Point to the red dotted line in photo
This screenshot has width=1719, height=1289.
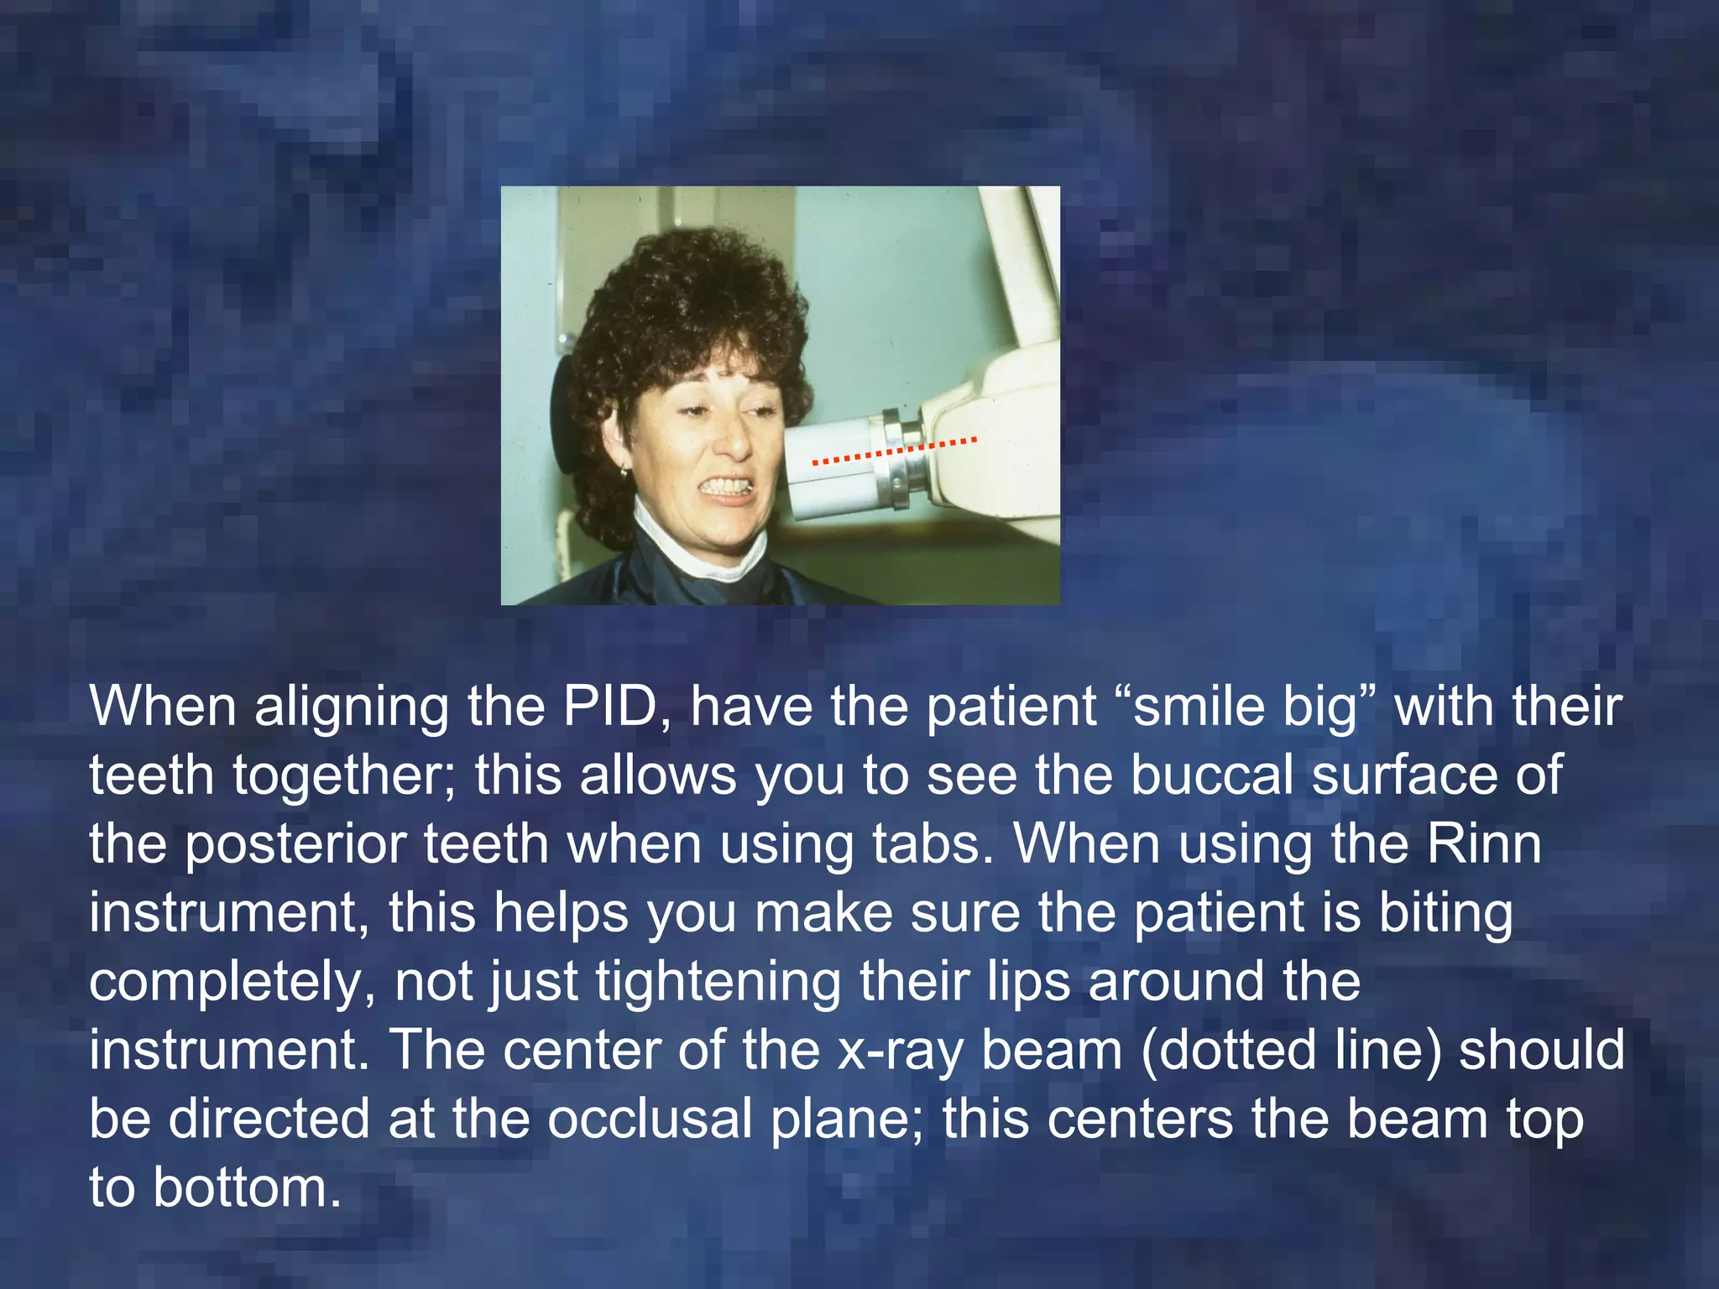[x=894, y=451]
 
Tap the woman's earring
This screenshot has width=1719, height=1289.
[x=623, y=473]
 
